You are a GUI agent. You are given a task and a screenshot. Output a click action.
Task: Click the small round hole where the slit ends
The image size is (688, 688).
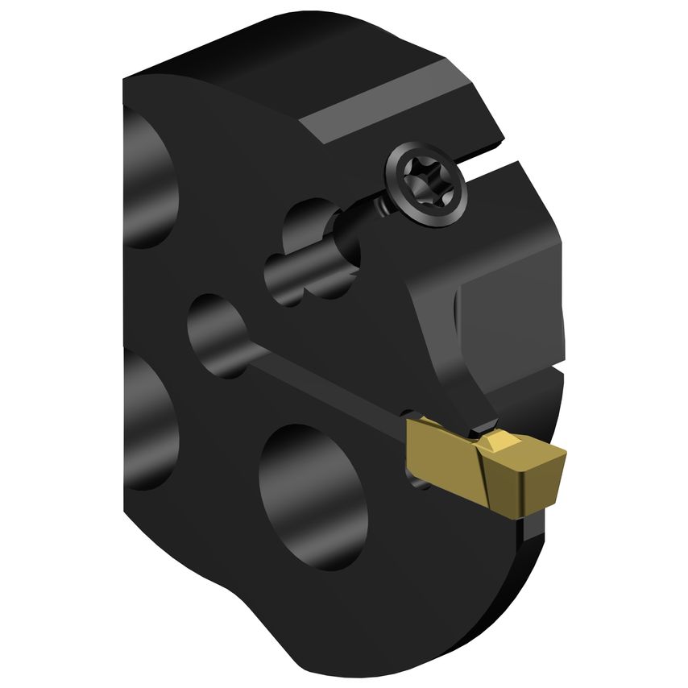tap(218, 334)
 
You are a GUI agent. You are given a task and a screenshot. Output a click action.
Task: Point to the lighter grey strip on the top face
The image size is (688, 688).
tap(379, 113)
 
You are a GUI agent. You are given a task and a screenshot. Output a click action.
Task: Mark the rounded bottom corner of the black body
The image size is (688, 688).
tap(387, 653)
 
